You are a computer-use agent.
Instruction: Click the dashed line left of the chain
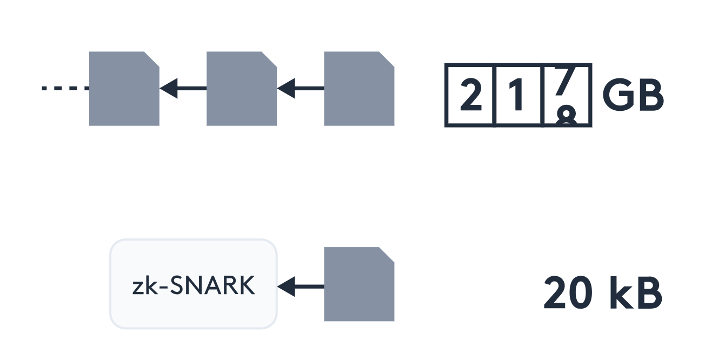pos(65,88)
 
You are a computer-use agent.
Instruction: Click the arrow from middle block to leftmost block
pos(183,88)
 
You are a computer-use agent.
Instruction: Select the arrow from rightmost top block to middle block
pos(300,88)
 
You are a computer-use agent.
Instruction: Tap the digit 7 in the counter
pos(564,86)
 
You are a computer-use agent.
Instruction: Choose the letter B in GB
pos(650,96)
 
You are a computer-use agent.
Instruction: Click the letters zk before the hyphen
pos(142,286)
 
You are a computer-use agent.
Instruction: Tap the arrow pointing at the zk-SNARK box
pos(300,286)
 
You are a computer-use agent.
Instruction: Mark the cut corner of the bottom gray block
pos(387,254)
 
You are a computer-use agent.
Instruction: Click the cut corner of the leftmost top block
pos(152,59)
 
